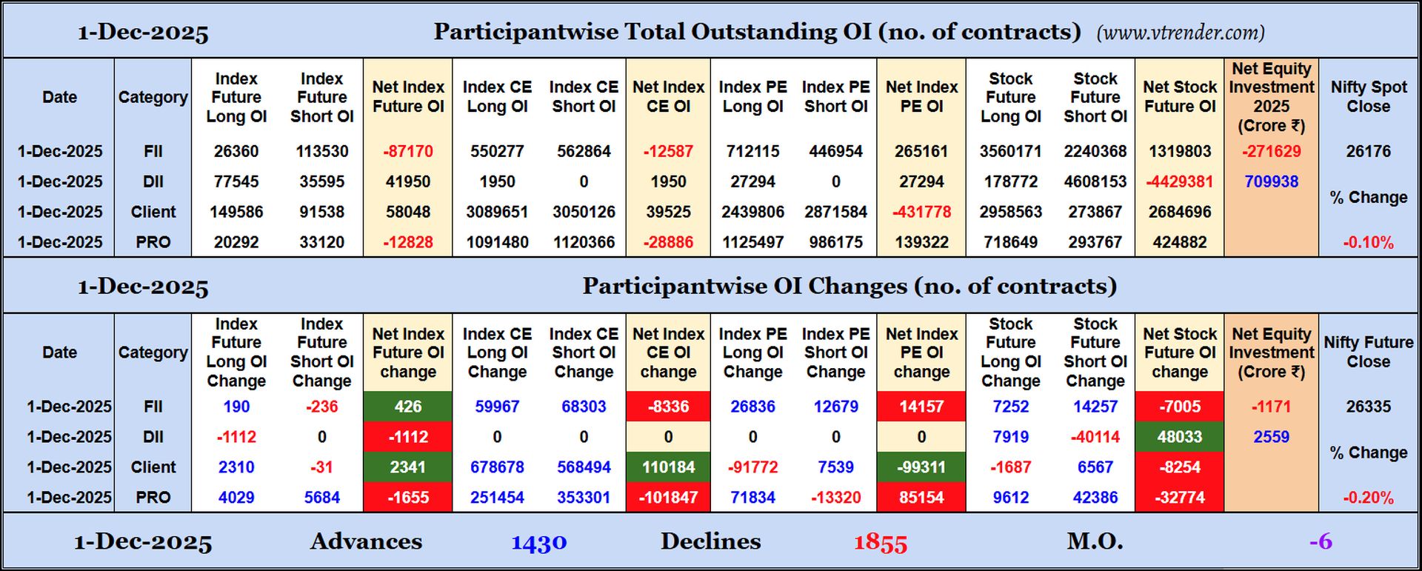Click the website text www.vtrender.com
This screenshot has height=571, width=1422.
click(1180, 33)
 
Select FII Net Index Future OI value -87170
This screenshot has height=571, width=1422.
click(408, 151)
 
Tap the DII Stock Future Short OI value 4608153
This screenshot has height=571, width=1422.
click(1095, 181)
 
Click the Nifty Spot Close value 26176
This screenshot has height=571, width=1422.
click(1368, 151)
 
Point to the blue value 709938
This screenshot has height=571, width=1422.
click(1271, 181)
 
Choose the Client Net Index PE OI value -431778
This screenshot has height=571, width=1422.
click(921, 212)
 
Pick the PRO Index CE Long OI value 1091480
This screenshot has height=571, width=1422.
click(497, 242)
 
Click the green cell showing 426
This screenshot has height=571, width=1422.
click(408, 407)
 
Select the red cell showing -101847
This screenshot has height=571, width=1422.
click(668, 498)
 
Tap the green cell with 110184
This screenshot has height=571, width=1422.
click(668, 467)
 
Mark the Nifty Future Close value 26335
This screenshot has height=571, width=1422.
click(1368, 407)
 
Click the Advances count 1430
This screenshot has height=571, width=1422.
click(538, 542)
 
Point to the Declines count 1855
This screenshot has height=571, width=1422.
click(880, 542)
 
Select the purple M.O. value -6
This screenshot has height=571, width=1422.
click(1321, 541)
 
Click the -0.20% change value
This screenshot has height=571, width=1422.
click(1368, 498)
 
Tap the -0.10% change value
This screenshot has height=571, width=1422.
click(1368, 242)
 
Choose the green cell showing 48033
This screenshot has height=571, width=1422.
click(1179, 437)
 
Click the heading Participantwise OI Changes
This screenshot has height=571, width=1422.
click(849, 286)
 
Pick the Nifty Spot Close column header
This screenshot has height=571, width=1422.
click(1368, 96)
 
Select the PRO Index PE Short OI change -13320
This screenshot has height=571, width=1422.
click(835, 498)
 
